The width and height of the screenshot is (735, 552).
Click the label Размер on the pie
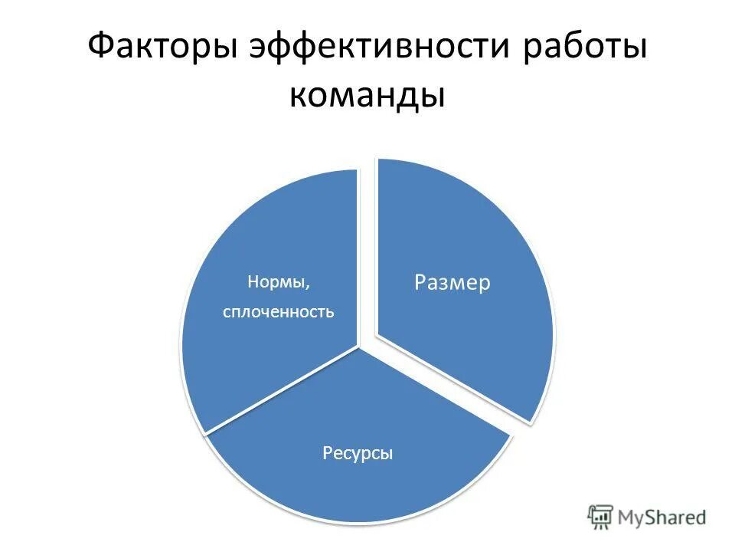pos(452,283)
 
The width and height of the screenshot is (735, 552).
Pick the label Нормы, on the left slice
pos(279,281)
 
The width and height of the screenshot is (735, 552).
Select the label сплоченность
pos(279,312)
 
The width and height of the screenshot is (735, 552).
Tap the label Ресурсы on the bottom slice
pos(358,453)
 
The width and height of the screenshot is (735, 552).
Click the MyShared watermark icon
pos(601,517)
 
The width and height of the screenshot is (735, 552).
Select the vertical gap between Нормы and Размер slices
pos(367,253)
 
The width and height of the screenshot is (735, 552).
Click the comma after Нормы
pos(309,286)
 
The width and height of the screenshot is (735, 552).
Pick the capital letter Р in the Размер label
pos(420,284)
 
